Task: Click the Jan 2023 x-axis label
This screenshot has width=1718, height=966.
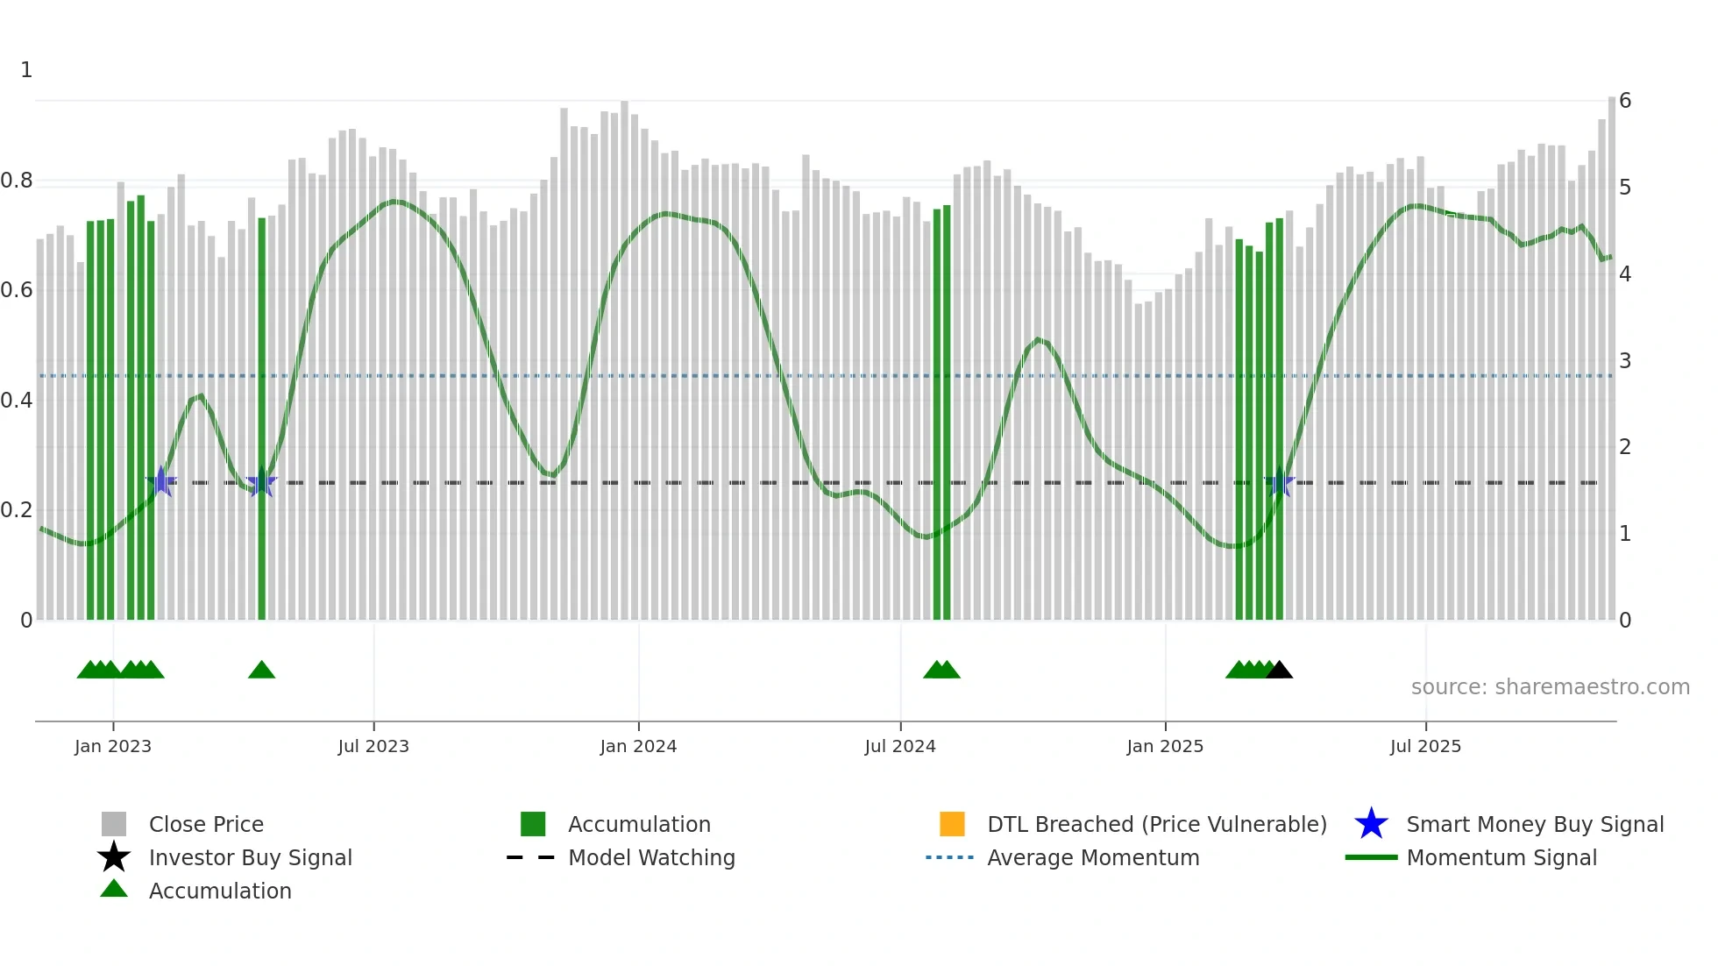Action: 113,746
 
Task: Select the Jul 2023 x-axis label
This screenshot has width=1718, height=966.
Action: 373,746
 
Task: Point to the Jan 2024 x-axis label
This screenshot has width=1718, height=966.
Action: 638,746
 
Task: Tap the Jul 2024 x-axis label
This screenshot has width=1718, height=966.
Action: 900,746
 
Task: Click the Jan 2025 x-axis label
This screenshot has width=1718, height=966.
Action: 1165,746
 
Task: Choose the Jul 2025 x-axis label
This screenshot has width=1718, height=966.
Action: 1425,746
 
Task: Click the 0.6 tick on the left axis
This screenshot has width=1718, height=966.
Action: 17,290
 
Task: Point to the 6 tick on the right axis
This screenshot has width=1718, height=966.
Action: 1625,101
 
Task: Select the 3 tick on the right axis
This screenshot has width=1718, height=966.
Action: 1625,360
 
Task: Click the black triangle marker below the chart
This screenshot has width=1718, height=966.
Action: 1279,671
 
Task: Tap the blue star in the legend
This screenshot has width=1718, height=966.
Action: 1371,824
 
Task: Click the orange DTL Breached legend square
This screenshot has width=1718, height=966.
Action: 952,824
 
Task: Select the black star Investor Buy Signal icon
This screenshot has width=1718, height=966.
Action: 114,857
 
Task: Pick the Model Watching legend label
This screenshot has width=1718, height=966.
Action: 651,857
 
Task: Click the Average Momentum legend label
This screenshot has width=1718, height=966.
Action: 1093,857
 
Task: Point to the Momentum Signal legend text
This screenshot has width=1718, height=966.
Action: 1501,857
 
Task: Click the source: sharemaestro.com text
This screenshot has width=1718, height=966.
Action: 1550,687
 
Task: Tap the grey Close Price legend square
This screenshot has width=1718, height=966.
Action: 114,824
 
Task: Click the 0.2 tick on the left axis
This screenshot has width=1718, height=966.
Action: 17,510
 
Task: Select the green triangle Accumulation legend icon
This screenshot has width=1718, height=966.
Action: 114,889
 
